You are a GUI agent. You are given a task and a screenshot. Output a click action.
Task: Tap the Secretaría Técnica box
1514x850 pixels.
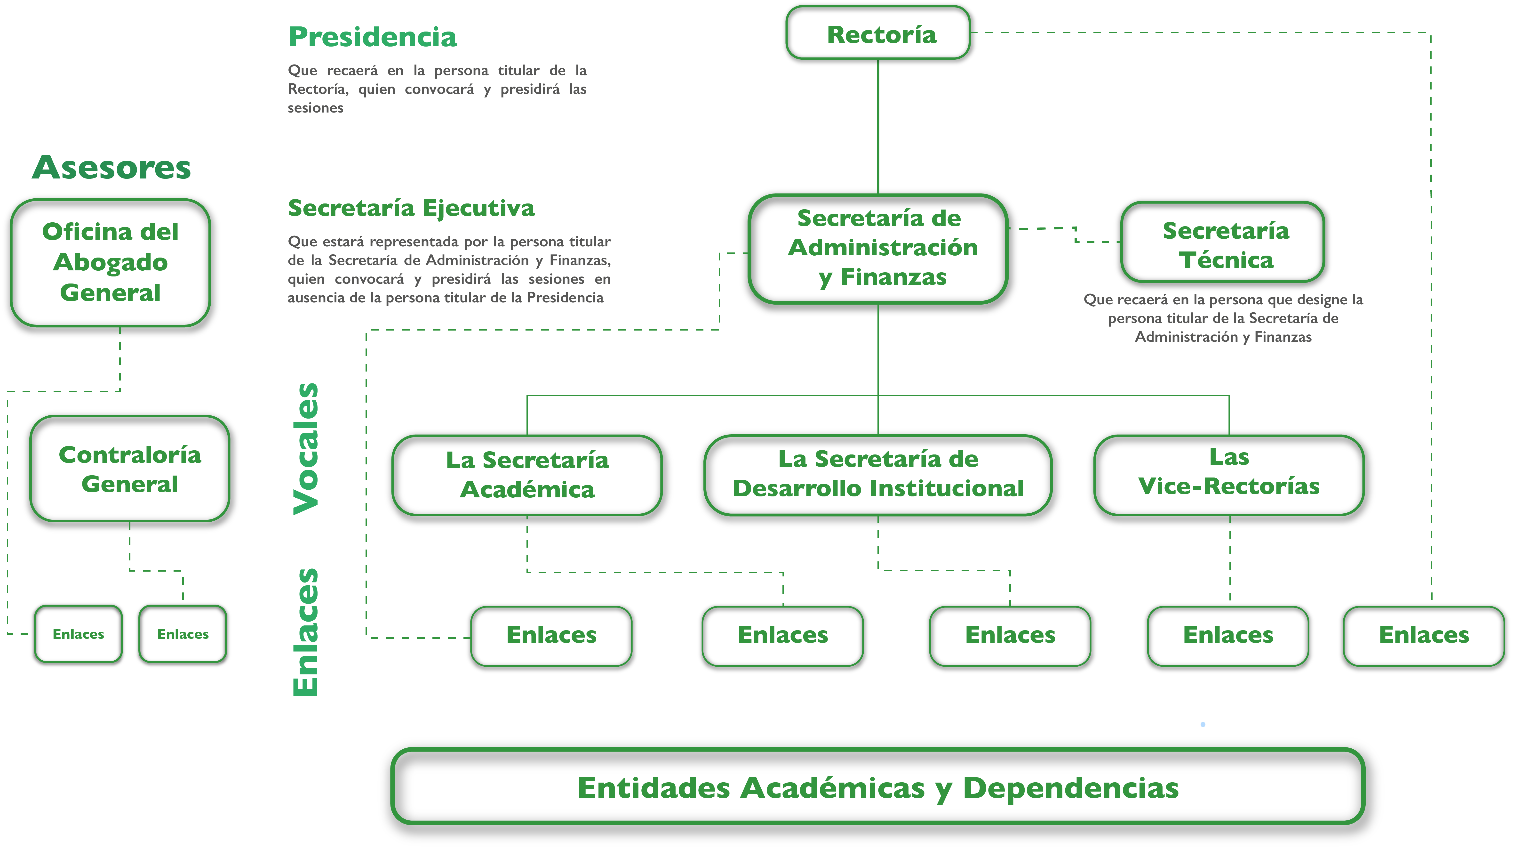[x=1222, y=242]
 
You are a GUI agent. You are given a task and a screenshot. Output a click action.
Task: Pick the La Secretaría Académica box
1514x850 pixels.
[x=527, y=475]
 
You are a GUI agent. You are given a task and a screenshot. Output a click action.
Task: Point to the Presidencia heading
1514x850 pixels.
[x=373, y=37]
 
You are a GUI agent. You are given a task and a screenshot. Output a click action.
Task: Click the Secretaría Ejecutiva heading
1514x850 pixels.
[x=411, y=208]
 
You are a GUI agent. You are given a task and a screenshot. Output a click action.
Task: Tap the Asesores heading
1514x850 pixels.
[x=112, y=168]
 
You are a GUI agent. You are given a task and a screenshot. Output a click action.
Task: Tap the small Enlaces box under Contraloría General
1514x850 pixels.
[x=183, y=634]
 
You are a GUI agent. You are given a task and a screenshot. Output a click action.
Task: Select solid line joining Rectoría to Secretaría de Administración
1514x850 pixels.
[x=878, y=127]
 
